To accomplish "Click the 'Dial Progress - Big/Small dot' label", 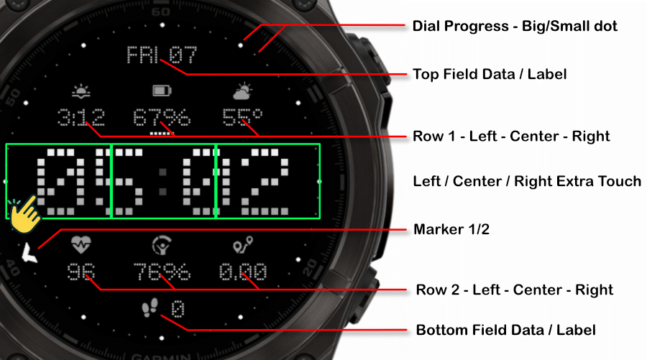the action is click(x=515, y=27).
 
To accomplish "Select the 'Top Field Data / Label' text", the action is click(x=490, y=74).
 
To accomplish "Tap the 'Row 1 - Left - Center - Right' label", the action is click(x=511, y=137).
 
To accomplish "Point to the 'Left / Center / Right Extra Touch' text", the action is click(x=527, y=182).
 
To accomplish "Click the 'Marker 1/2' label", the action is click(x=451, y=229).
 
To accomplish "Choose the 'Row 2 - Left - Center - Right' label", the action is click(x=515, y=290).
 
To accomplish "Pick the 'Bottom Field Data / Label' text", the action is click(x=505, y=331).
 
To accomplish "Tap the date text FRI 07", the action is click(x=161, y=55).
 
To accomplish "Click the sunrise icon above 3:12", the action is click(x=81, y=91).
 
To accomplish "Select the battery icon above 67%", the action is click(x=162, y=91).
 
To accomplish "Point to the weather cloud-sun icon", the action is click(x=242, y=91).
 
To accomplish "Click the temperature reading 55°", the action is click(x=242, y=117).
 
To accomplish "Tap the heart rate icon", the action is click(x=81, y=244).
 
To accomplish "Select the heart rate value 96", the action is click(x=81, y=272).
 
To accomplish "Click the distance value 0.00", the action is click(x=243, y=272).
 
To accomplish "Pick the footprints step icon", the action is click(x=150, y=308).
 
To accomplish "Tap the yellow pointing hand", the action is click(x=24, y=214).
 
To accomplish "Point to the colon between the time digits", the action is click(x=163, y=182).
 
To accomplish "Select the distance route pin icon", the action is click(x=243, y=244).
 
